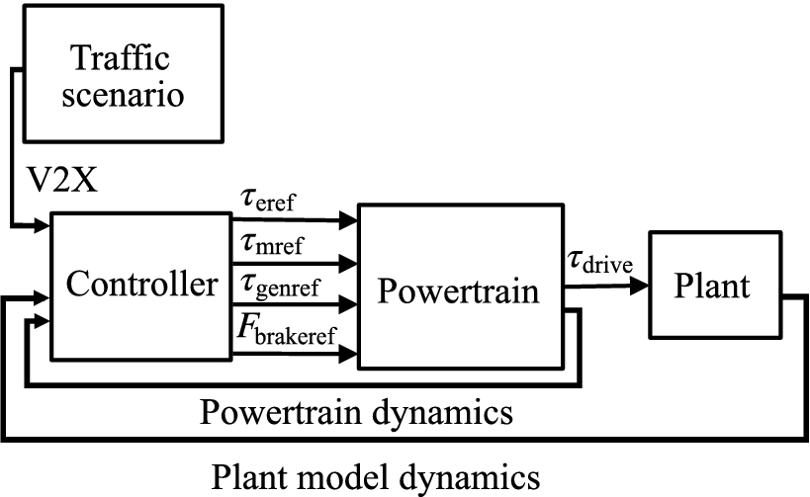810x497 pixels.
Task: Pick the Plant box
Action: click(713, 287)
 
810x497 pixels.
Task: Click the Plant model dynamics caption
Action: click(377, 477)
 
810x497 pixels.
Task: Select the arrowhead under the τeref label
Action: click(348, 218)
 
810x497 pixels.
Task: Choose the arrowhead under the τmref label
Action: click(348, 263)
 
